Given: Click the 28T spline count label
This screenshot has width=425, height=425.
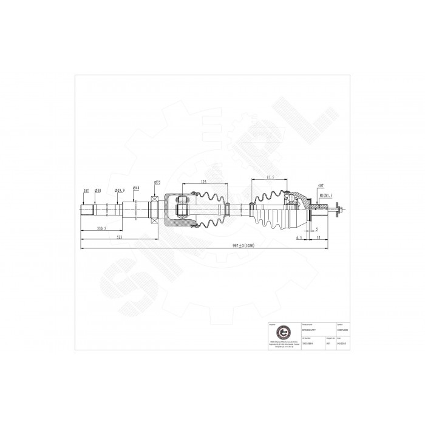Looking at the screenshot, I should click(x=86, y=190).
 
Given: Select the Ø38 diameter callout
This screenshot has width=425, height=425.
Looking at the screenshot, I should click(x=98, y=190).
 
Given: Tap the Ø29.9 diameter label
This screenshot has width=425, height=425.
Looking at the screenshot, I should click(x=120, y=190).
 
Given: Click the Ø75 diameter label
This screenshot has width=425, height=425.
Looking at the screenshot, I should click(x=157, y=183).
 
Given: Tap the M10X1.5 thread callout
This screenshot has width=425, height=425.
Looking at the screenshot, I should click(x=326, y=195).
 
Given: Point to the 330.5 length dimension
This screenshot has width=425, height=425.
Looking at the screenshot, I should click(x=101, y=228).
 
